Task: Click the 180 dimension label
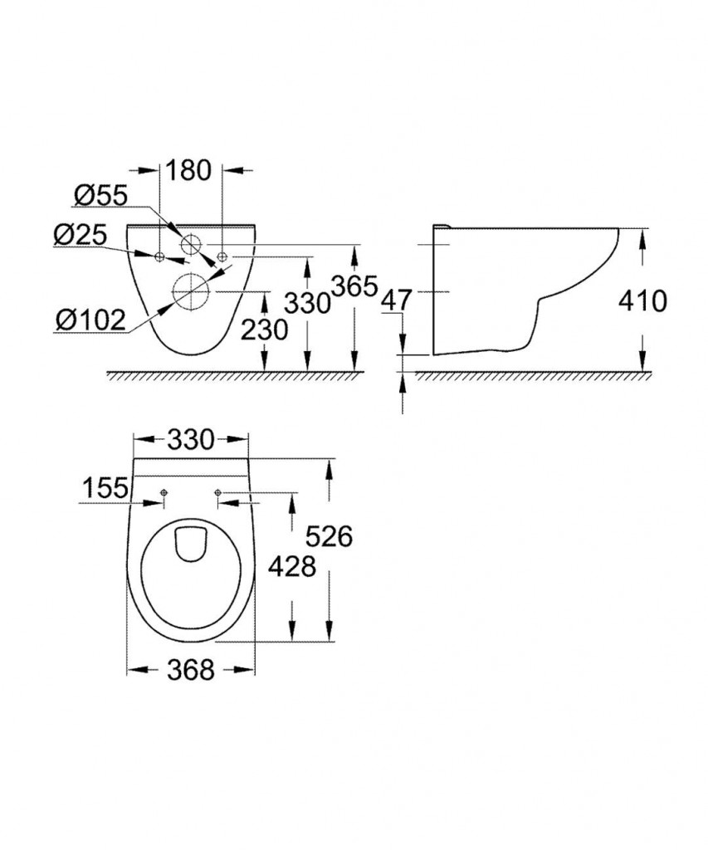click(x=188, y=170)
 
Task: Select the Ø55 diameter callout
click(x=100, y=196)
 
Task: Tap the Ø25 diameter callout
click(x=81, y=235)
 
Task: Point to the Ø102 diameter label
click(x=90, y=320)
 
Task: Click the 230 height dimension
click(x=264, y=330)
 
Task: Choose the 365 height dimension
click(x=354, y=286)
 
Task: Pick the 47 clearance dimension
click(x=398, y=299)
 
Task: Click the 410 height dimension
click(x=643, y=300)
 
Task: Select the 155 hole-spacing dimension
click(x=105, y=488)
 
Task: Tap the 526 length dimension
click(x=329, y=537)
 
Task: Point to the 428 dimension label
click(x=293, y=567)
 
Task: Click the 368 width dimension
click(x=191, y=671)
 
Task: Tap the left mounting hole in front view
click(x=160, y=256)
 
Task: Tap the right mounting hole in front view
click(x=222, y=256)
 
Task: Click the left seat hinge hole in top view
click(x=164, y=492)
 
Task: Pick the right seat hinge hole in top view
click(x=217, y=492)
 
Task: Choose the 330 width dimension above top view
click(x=191, y=440)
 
